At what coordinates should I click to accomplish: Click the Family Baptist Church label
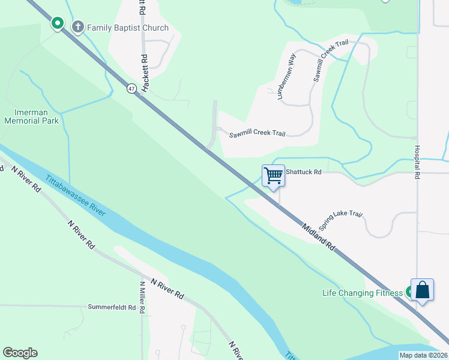pyautogui.click(x=128, y=28)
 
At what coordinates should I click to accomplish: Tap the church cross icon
pyautogui.click(x=77, y=27)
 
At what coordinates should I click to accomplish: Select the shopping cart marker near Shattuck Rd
pyautogui.click(x=273, y=176)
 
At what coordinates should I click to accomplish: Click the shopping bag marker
pyautogui.click(x=422, y=290)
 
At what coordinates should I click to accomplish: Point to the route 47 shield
pyautogui.click(x=131, y=88)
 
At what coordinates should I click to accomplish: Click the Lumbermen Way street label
pyautogui.click(x=287, y=77)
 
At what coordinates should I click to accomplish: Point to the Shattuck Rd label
pyautogui.click(x=304, y=172)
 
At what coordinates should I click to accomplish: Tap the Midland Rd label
pyautogui.click(x=319, y=236)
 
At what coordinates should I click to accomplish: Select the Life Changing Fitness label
pyautogui.click(x=363, y=293)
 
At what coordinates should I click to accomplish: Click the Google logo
pyautogui.click(x=20, y=353)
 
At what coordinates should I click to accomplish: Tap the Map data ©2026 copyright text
pyautogui.click(x=423, y=355)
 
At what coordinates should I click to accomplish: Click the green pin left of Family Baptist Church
pyautogui.click(x=58, y=23)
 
